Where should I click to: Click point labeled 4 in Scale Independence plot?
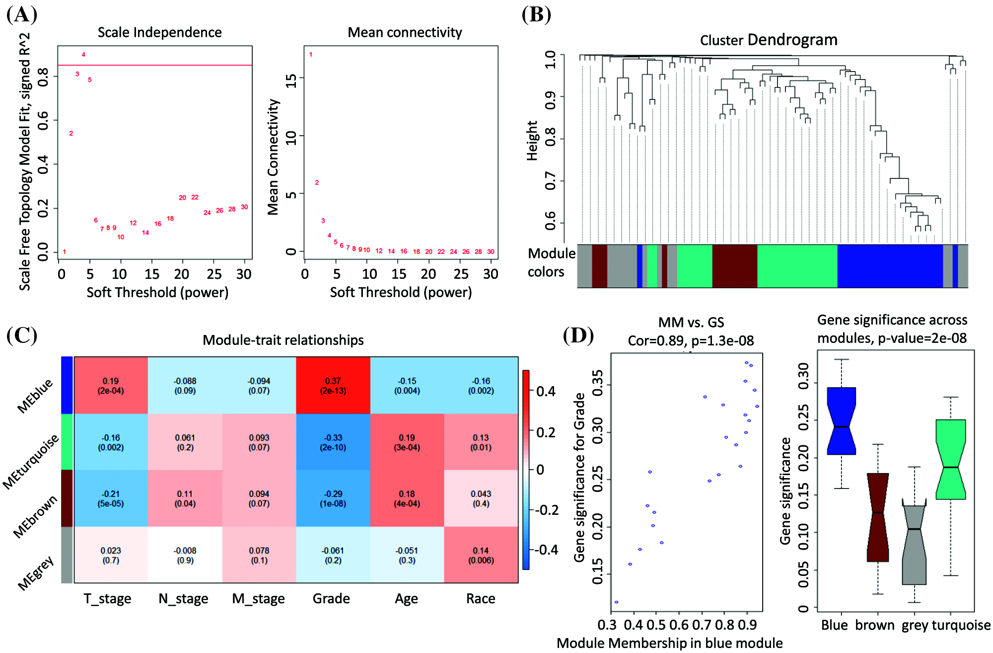[x=83, y=55]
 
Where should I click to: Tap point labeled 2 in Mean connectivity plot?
[x=317, y=182]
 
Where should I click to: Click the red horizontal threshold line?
[x=159, y=65]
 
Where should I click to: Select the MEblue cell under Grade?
[x=333, y=386]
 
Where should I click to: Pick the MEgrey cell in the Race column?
[x=481, y=555]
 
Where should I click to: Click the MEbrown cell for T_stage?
[x=111, y=498]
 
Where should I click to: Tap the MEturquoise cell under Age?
[x=407, y=442]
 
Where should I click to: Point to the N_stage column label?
[x=183, y=598]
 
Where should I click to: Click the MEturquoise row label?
[x=31, y=461]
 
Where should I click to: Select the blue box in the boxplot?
[x=842, y=421]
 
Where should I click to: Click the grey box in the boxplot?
[x=914, y=545]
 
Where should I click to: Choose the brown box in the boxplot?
[x=878, y=517]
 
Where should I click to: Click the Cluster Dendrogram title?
[x=769, y=40]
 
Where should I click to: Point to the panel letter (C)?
[x=22, y=335]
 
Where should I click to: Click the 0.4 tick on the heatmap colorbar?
[x=546, y=392]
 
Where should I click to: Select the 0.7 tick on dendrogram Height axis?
[x=550, y=181]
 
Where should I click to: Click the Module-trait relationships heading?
[x=283, y=340]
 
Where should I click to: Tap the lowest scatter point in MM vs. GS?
[x=616, y=602]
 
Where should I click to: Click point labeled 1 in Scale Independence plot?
[x=65, y=251]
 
